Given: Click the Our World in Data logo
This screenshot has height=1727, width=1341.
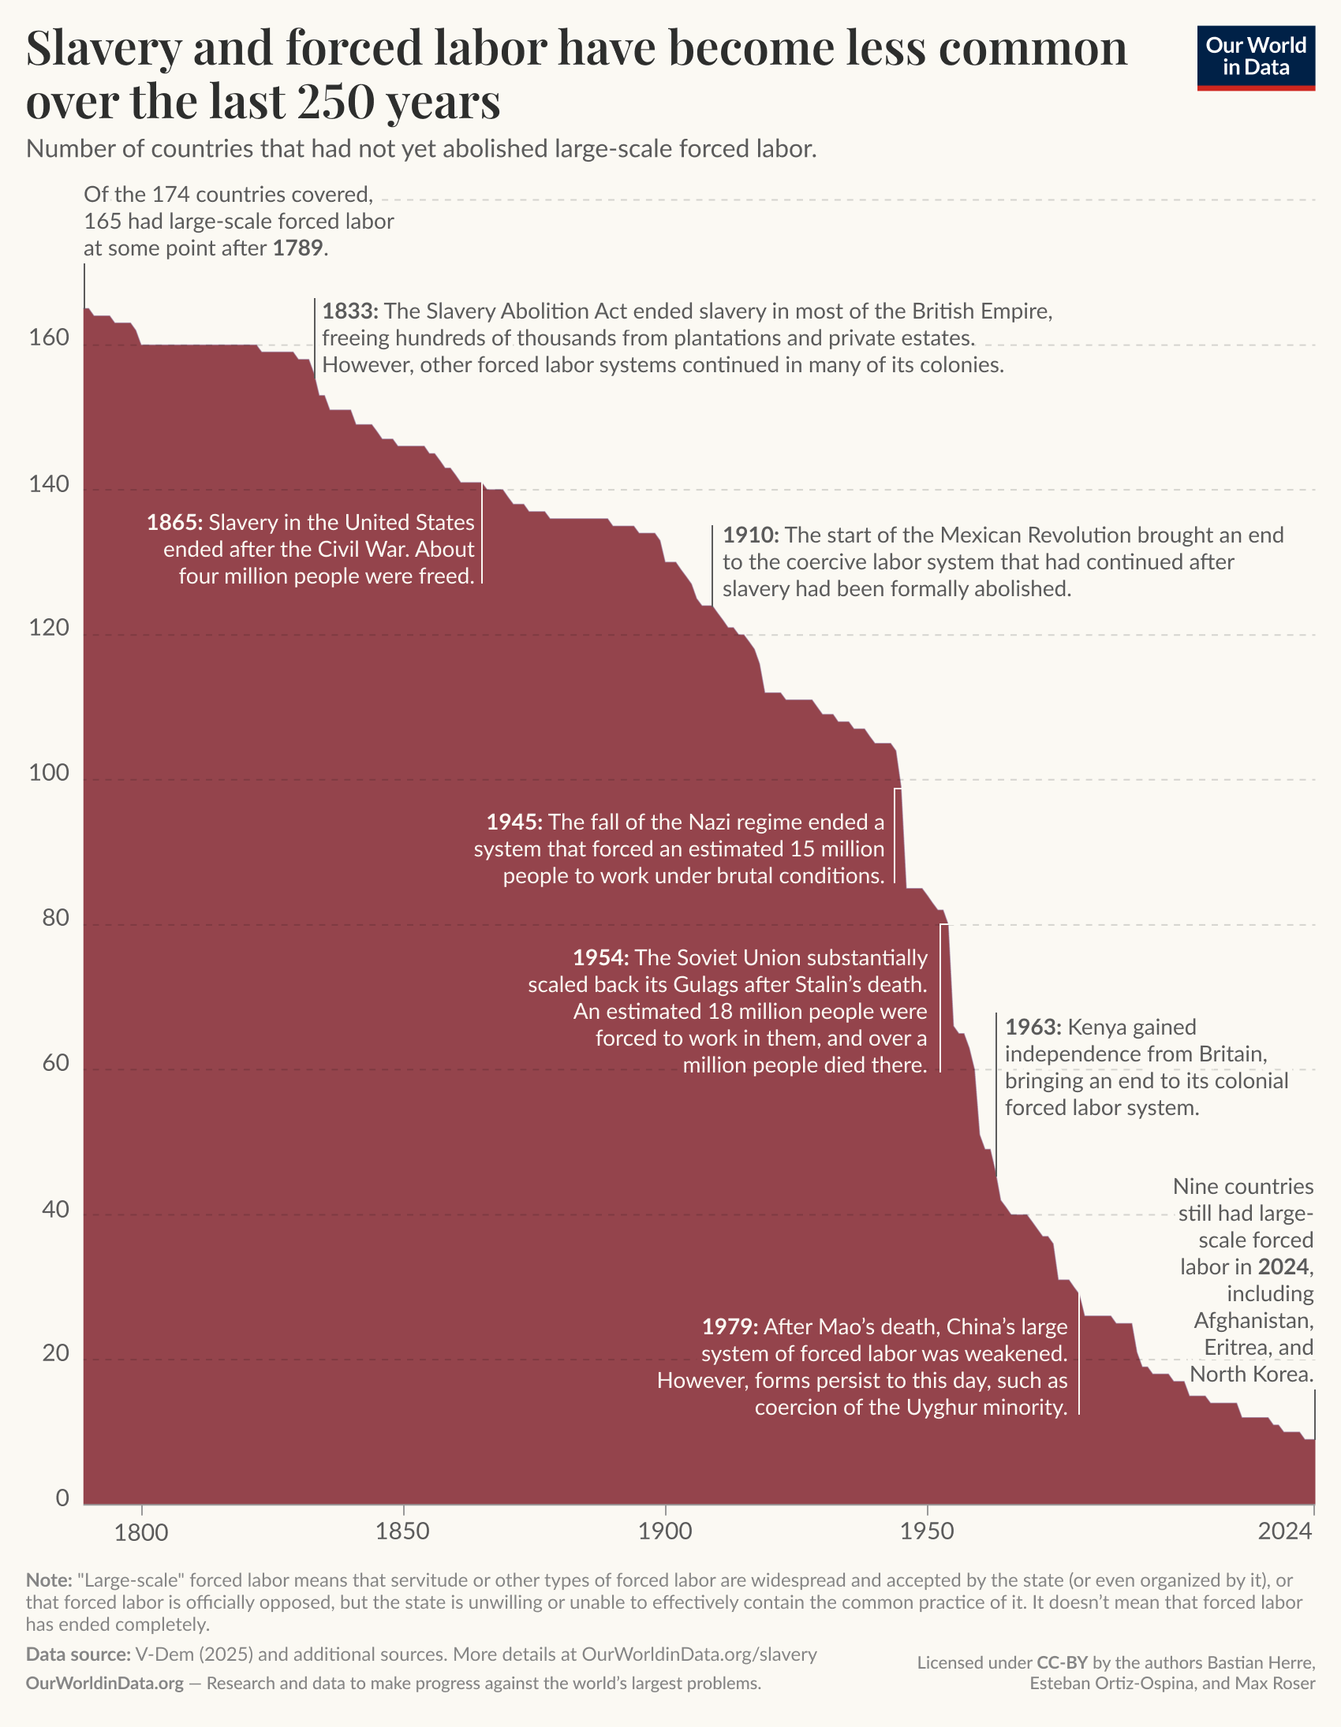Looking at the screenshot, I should pos(1256,58).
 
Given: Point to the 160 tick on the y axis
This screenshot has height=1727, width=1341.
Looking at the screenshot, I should pos(49,338).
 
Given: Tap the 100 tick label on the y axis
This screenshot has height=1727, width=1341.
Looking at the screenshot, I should pos(49,773).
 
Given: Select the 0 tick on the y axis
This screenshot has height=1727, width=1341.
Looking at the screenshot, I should pos(62,1498).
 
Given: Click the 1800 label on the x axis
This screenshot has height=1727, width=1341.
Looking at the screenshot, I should pos(142,1531).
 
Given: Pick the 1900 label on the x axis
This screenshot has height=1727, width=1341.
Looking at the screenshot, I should pos(665,1531).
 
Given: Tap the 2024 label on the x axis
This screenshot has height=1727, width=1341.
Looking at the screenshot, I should pos(1285,1531).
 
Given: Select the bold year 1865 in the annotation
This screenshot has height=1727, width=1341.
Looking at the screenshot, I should pos(175,523).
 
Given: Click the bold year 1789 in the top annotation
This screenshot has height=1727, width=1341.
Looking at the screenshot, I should pos(297,248).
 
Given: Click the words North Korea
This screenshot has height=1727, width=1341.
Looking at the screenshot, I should pos(1252,1375).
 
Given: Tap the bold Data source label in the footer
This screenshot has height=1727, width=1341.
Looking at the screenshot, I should pos(77,1654).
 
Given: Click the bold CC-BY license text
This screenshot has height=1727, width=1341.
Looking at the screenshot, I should pos(1063,1662).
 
